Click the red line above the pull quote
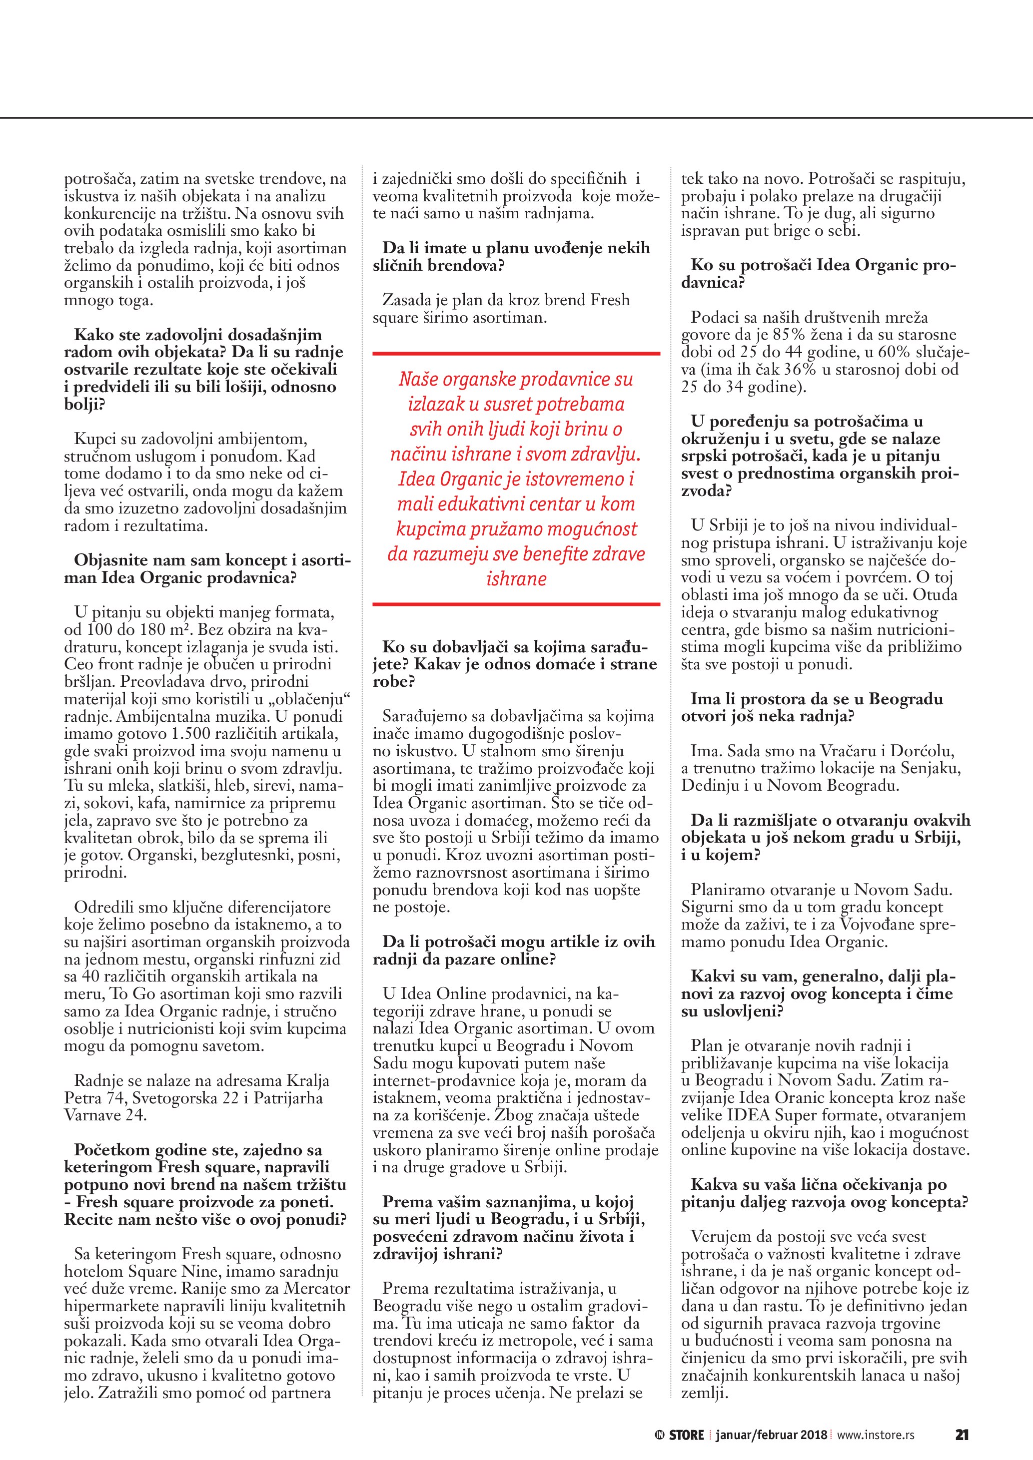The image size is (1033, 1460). click(516, 353)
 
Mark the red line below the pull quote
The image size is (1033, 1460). click(516, 603)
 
